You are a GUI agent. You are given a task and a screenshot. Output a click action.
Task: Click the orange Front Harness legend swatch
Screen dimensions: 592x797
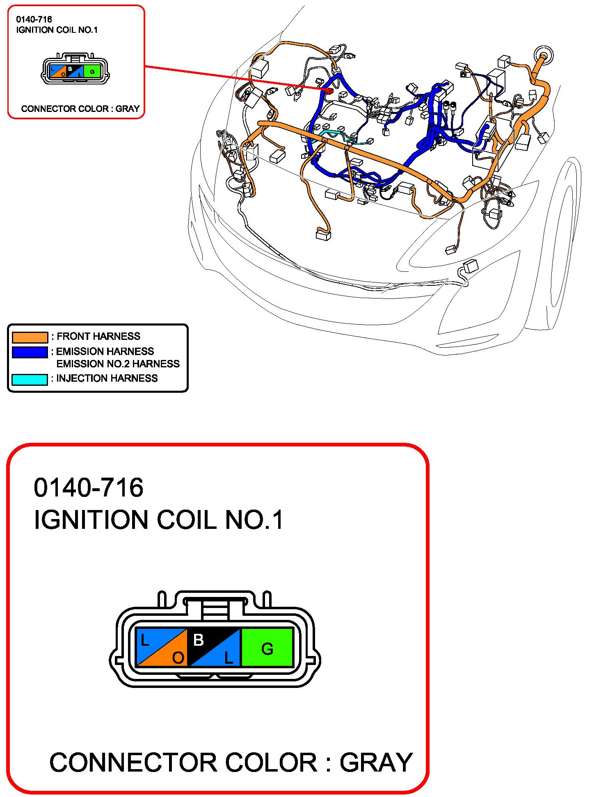click(30, 337)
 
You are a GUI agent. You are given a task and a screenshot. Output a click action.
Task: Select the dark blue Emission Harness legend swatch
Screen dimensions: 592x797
click(30, 352)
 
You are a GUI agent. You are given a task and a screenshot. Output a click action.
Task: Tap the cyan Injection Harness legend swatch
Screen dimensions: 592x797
click(30, 379)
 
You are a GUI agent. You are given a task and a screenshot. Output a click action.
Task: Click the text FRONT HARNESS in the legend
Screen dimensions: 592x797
click(98, 336)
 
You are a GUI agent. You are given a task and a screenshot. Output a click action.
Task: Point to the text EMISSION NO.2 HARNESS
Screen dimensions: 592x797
click(118, 364)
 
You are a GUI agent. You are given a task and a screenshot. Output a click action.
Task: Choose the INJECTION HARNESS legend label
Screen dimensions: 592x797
click(107, 378)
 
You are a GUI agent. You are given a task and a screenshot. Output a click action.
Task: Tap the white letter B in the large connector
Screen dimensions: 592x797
click(199, 640)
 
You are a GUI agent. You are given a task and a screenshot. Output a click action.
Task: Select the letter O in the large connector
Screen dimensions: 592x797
click(178, 658)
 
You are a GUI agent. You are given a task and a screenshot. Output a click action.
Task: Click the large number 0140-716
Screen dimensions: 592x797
click(89, 487)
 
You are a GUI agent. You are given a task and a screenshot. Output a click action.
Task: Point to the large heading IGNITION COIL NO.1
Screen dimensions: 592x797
click(158, 520)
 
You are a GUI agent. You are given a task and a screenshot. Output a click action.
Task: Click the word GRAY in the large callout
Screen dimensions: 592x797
click(376, 763)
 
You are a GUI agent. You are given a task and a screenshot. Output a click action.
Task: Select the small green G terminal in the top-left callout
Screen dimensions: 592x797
click(92, 71)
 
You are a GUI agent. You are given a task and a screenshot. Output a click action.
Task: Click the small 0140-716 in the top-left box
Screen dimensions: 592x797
click(34, 19)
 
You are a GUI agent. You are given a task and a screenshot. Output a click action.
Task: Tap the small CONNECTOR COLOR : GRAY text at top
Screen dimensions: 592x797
click(80, 109)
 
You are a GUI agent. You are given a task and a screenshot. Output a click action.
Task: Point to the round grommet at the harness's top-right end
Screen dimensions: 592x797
click(544, 55)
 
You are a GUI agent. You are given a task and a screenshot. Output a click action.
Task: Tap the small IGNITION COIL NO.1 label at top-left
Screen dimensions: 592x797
click(57, 30)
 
